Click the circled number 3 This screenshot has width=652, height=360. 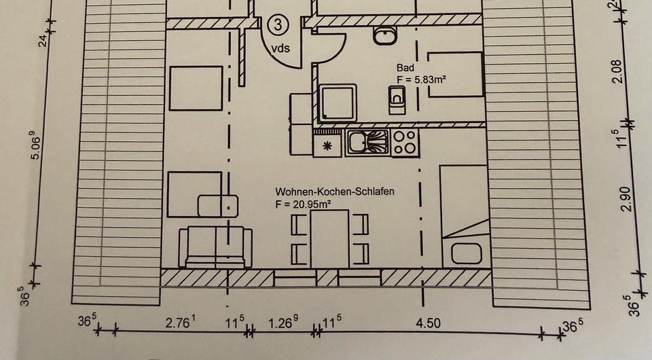(277, 24)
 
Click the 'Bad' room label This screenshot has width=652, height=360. (405, 68)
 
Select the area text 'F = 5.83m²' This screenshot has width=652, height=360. (422, 79)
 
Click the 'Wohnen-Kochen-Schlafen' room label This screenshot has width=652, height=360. (335, 192)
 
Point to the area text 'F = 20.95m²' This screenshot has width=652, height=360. (303, 204)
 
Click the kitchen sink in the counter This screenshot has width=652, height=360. (367, 143)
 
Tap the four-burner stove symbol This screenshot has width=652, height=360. (405, 143)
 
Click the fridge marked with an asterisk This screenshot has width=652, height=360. (327, 144)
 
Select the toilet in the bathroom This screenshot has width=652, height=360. (397, 103)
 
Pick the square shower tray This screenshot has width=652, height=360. (338, 103)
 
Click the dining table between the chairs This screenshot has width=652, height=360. (329, 238)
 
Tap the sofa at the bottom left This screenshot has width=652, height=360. (215, 247)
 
